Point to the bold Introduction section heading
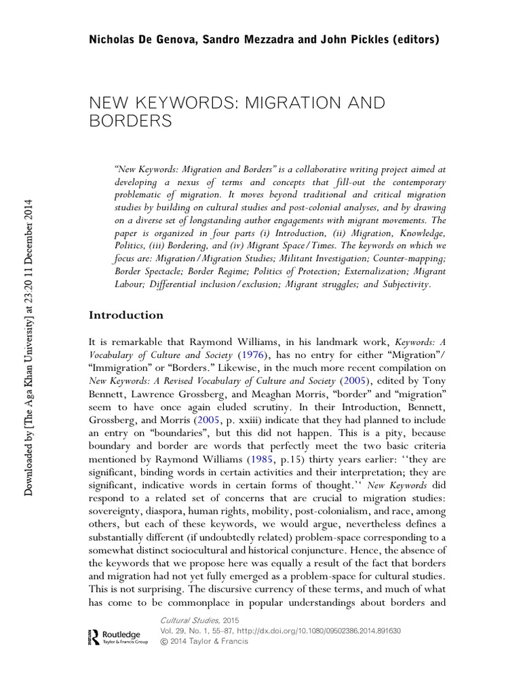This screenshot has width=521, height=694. (127, 315)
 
